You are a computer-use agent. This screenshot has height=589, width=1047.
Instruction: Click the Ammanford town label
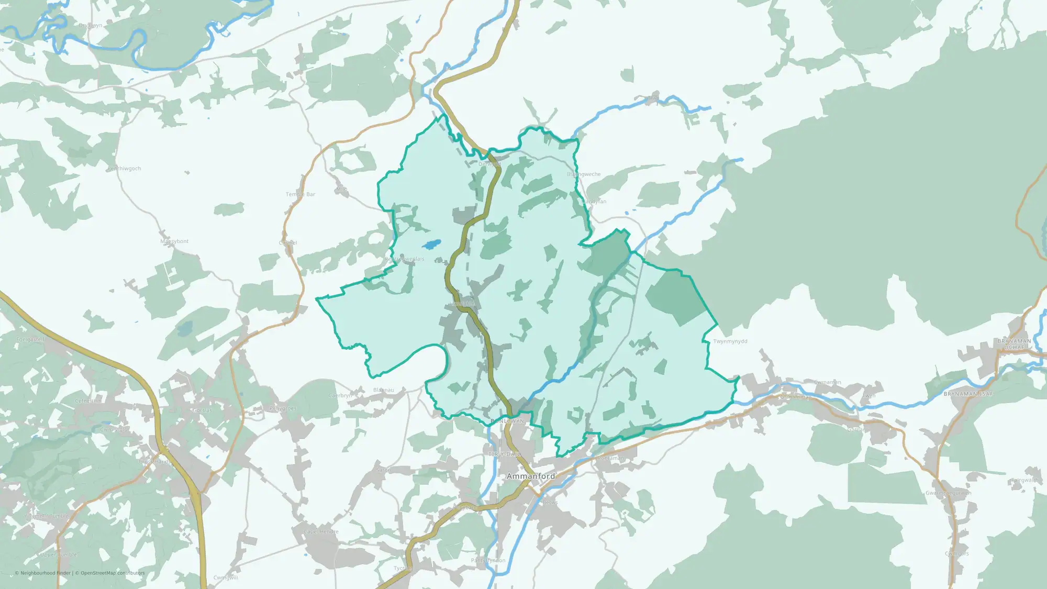[x=531, y=476]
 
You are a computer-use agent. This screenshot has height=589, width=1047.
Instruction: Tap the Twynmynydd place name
[x=730, y=341]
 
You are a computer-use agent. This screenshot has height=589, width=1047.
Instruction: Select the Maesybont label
[x=174, y=241]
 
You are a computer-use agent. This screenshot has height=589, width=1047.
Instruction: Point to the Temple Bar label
[x=300, y=194]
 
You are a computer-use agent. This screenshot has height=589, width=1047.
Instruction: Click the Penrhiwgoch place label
[x=124, y=169]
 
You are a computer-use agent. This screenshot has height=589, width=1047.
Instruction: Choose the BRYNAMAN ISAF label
[x=968, y=394]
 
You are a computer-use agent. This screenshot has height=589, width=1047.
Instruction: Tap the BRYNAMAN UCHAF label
[x=1014, y=344]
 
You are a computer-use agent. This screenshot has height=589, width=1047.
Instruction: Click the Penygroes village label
[x=283, y=408]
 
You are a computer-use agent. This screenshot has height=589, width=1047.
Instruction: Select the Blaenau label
[x=383, y=390]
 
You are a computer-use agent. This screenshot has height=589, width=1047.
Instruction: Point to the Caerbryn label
[x=341, y=396]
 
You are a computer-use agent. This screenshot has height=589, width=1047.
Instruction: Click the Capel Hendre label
[x=321, y=531]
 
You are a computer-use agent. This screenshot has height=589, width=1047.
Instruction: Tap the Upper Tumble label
[x=59, y=554]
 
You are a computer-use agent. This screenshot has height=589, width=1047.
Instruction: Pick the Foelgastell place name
[x=30, y=340]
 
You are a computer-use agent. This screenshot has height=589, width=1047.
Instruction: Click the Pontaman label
[x=611, y=458]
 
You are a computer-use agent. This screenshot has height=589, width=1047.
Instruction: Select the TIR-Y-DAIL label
[x=505, y=454]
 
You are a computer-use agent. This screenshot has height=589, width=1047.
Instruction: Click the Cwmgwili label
[x=226, y=577]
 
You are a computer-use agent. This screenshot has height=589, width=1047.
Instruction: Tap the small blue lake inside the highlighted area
[x=431, y=245]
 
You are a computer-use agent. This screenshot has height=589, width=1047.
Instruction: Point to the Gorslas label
[x=202, y=410]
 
